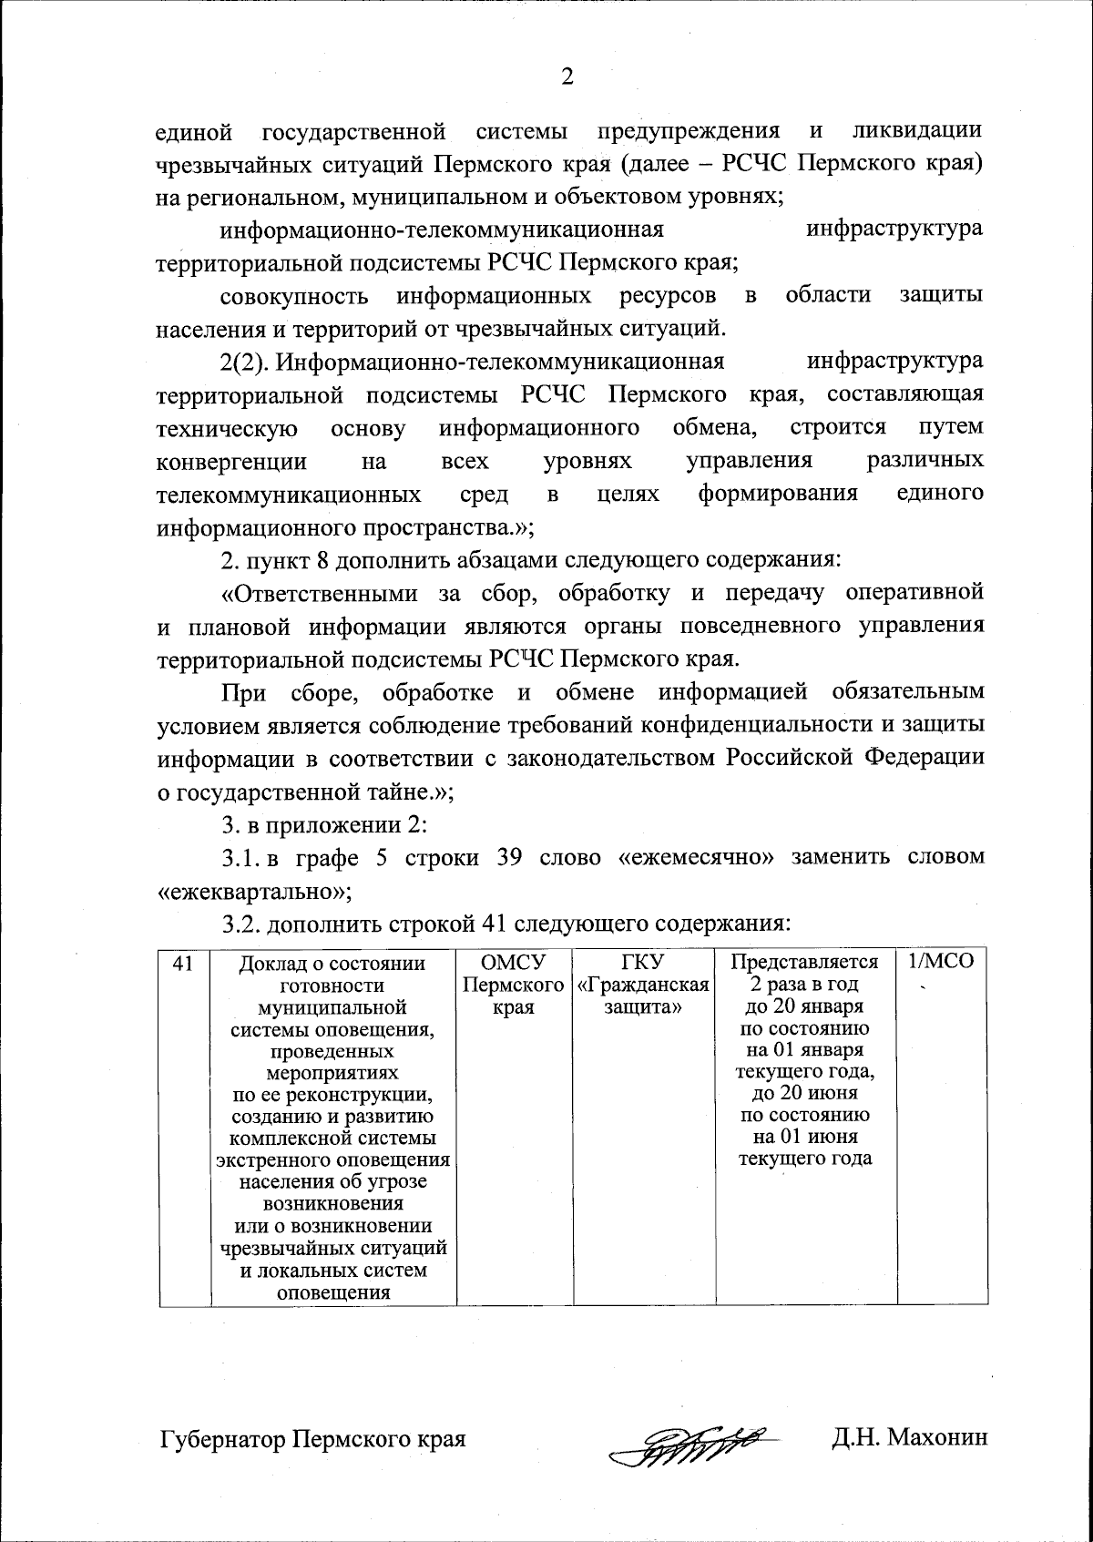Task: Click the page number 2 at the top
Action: point(567,77)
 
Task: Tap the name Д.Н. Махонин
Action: point(908,1438)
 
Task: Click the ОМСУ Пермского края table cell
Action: point(513,985)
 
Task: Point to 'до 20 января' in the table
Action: point(804,1006)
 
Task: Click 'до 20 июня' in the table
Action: point(804,1093)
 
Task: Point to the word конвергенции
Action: point(232,461)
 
